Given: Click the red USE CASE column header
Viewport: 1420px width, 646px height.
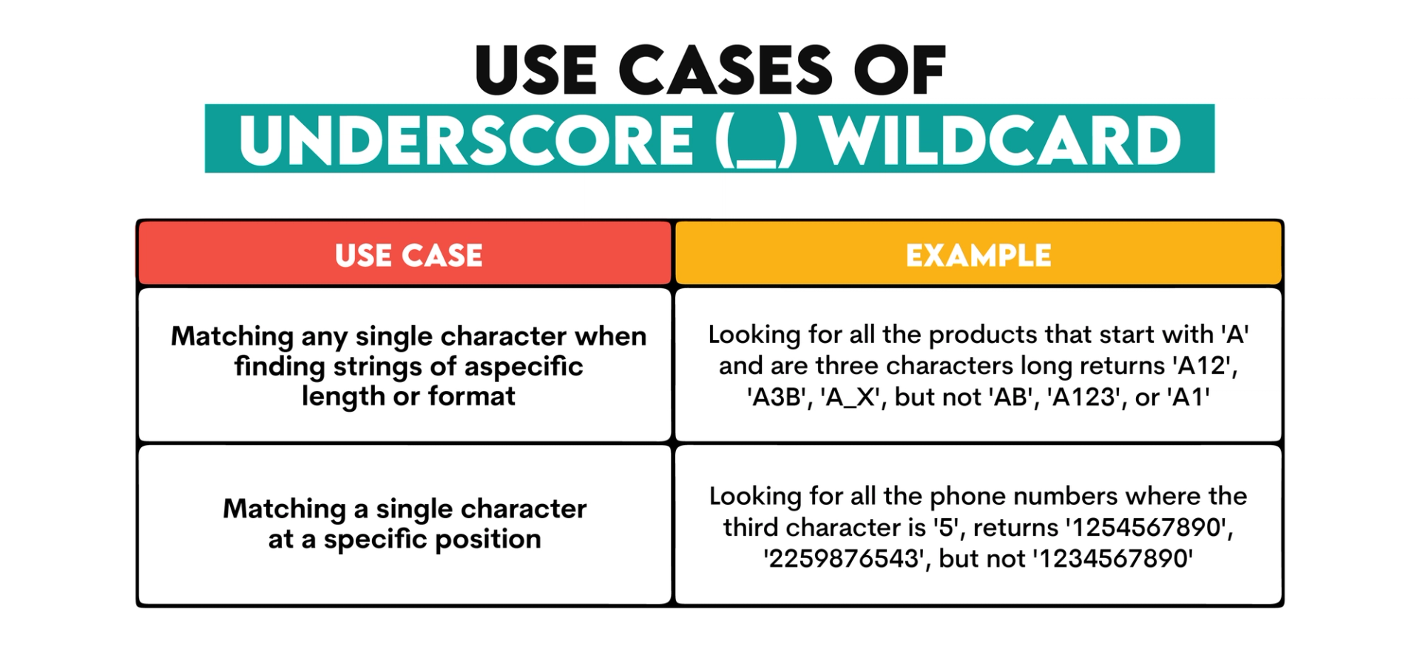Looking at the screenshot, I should [x=408, y=256].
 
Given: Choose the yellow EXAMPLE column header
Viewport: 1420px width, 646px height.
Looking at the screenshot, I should [x=978, y=256].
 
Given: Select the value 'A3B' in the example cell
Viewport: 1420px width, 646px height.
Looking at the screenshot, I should [x=777, y=398].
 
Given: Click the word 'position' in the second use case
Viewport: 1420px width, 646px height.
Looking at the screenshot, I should [x=488, y=540].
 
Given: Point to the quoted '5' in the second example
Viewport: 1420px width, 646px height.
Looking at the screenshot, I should [x=947, y=528].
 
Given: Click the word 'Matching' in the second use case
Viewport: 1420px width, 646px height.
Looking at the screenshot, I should [x=284, y=509].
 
